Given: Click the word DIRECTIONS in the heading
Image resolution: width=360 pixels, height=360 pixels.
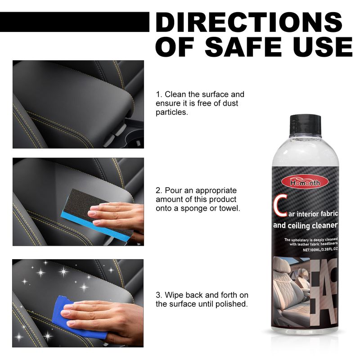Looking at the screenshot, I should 252,22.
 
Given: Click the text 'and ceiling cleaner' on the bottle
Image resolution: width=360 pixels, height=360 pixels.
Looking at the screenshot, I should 305,225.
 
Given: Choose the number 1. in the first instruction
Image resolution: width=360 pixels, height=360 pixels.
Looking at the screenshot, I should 159,94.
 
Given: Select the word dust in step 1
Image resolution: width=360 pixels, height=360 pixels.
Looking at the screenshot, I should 229,103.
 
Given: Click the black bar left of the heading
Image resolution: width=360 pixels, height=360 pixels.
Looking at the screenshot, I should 74,22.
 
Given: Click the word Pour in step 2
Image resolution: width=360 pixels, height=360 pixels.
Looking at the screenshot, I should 173,190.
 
